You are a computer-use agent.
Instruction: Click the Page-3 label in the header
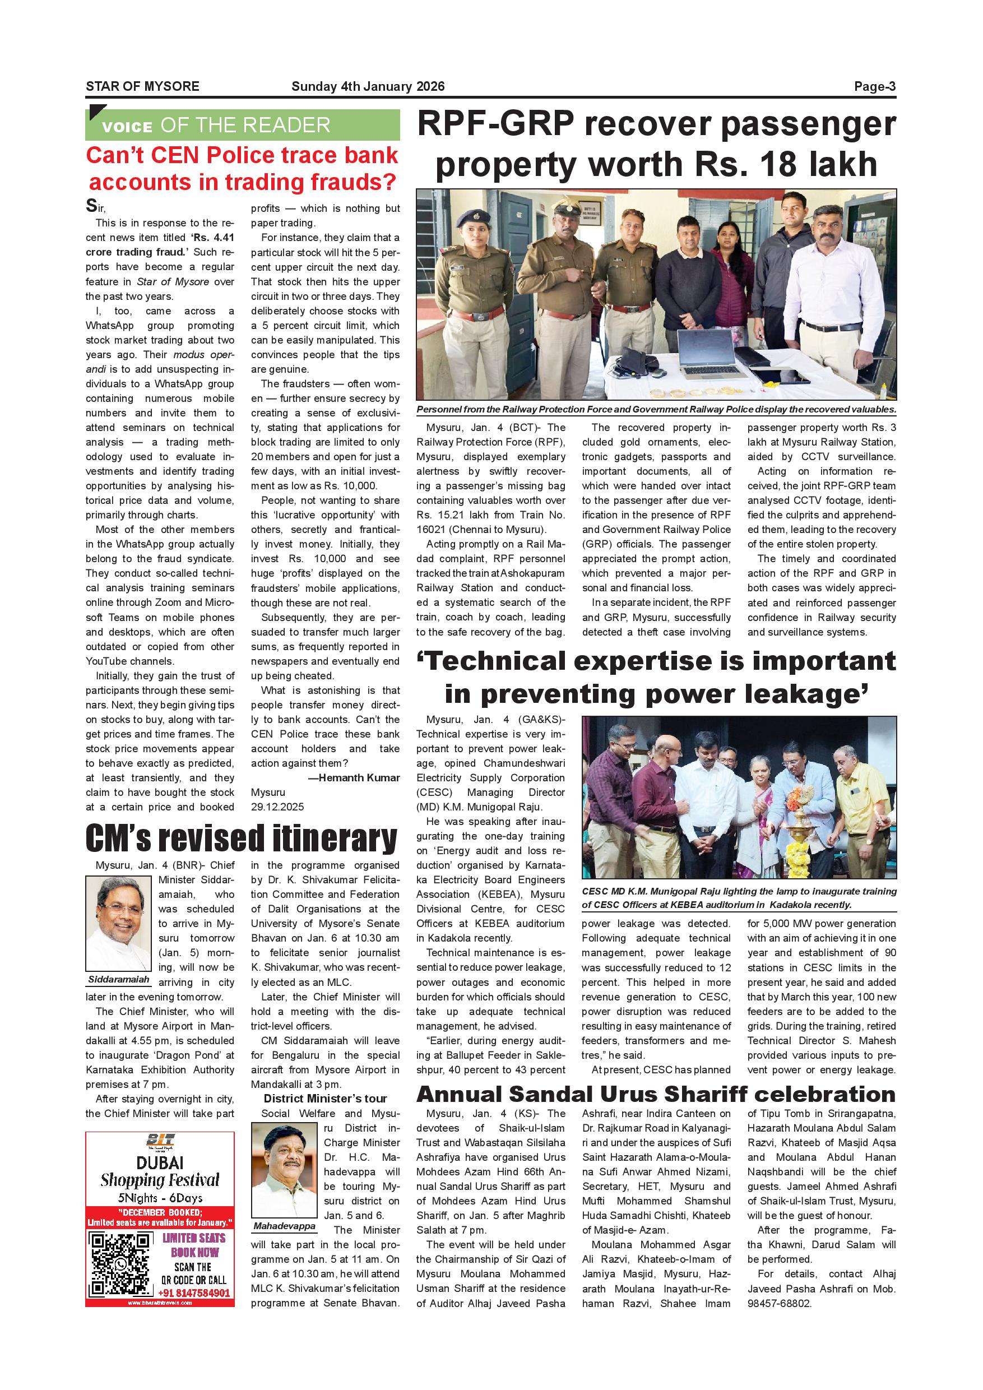[x=874, y=86]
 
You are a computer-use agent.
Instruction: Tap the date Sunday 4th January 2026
[x=368, y=86]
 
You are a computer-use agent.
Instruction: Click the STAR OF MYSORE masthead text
[x=142, y=86]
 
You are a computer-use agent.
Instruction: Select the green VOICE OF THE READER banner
[x=243, y=126]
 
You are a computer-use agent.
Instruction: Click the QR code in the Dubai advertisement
[x=120, y=1264]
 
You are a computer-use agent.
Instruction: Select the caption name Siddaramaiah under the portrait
[x=119, y=980]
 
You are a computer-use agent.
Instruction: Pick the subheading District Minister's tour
[x=325, y=1099]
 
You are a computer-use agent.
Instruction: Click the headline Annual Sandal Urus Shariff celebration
[x=656, y=1094]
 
